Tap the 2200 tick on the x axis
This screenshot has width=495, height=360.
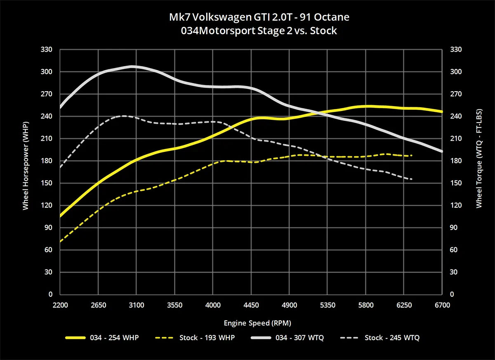(x=60, y=305)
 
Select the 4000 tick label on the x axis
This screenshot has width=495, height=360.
(x=213, y=305)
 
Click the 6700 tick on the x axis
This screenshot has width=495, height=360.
(x=442, y=305)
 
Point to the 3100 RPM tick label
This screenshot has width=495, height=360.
(x=137, y=305)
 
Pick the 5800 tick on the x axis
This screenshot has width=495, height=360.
(x=366, y=305)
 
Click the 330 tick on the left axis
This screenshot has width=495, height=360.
(x=47, y=50)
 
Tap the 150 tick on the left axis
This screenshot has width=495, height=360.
(x=47, y=183)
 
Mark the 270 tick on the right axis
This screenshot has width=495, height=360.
(x=455, y=94)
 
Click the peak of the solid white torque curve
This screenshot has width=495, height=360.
(x=132, y=66)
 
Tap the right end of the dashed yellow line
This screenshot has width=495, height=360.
(x=412, y=156)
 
